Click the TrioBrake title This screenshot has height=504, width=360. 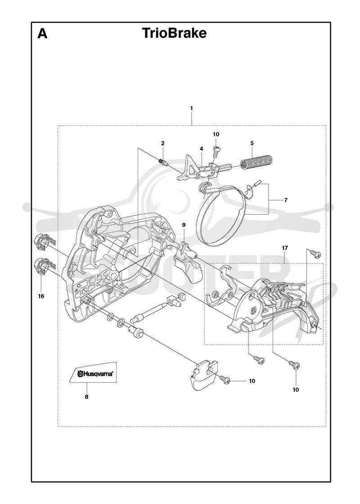pos(174,33)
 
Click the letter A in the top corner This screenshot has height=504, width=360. pos(42,33)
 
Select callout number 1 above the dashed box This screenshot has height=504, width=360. pos(192,108)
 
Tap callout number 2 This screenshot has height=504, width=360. pos(163,143)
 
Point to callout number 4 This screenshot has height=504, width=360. pos(202,149)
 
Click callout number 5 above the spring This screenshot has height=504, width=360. pos(252,143)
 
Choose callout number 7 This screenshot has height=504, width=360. pos(286,200)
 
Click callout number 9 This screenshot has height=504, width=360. pos(184,225)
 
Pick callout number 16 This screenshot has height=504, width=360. pos(41,296)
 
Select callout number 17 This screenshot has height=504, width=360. pos(285,248)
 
